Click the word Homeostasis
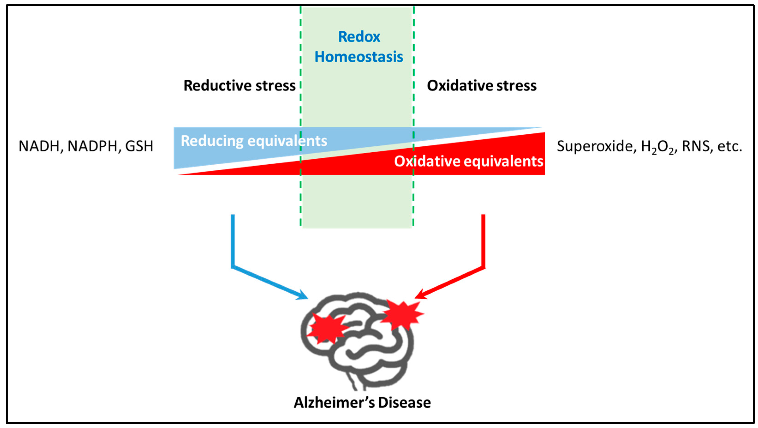coord(359,57)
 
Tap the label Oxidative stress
coord(482,86)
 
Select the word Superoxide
coord(595,146)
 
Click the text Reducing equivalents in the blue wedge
coord(254,141)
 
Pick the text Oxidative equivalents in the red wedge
coord(468,161)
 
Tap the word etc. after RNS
coord(729,146)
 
